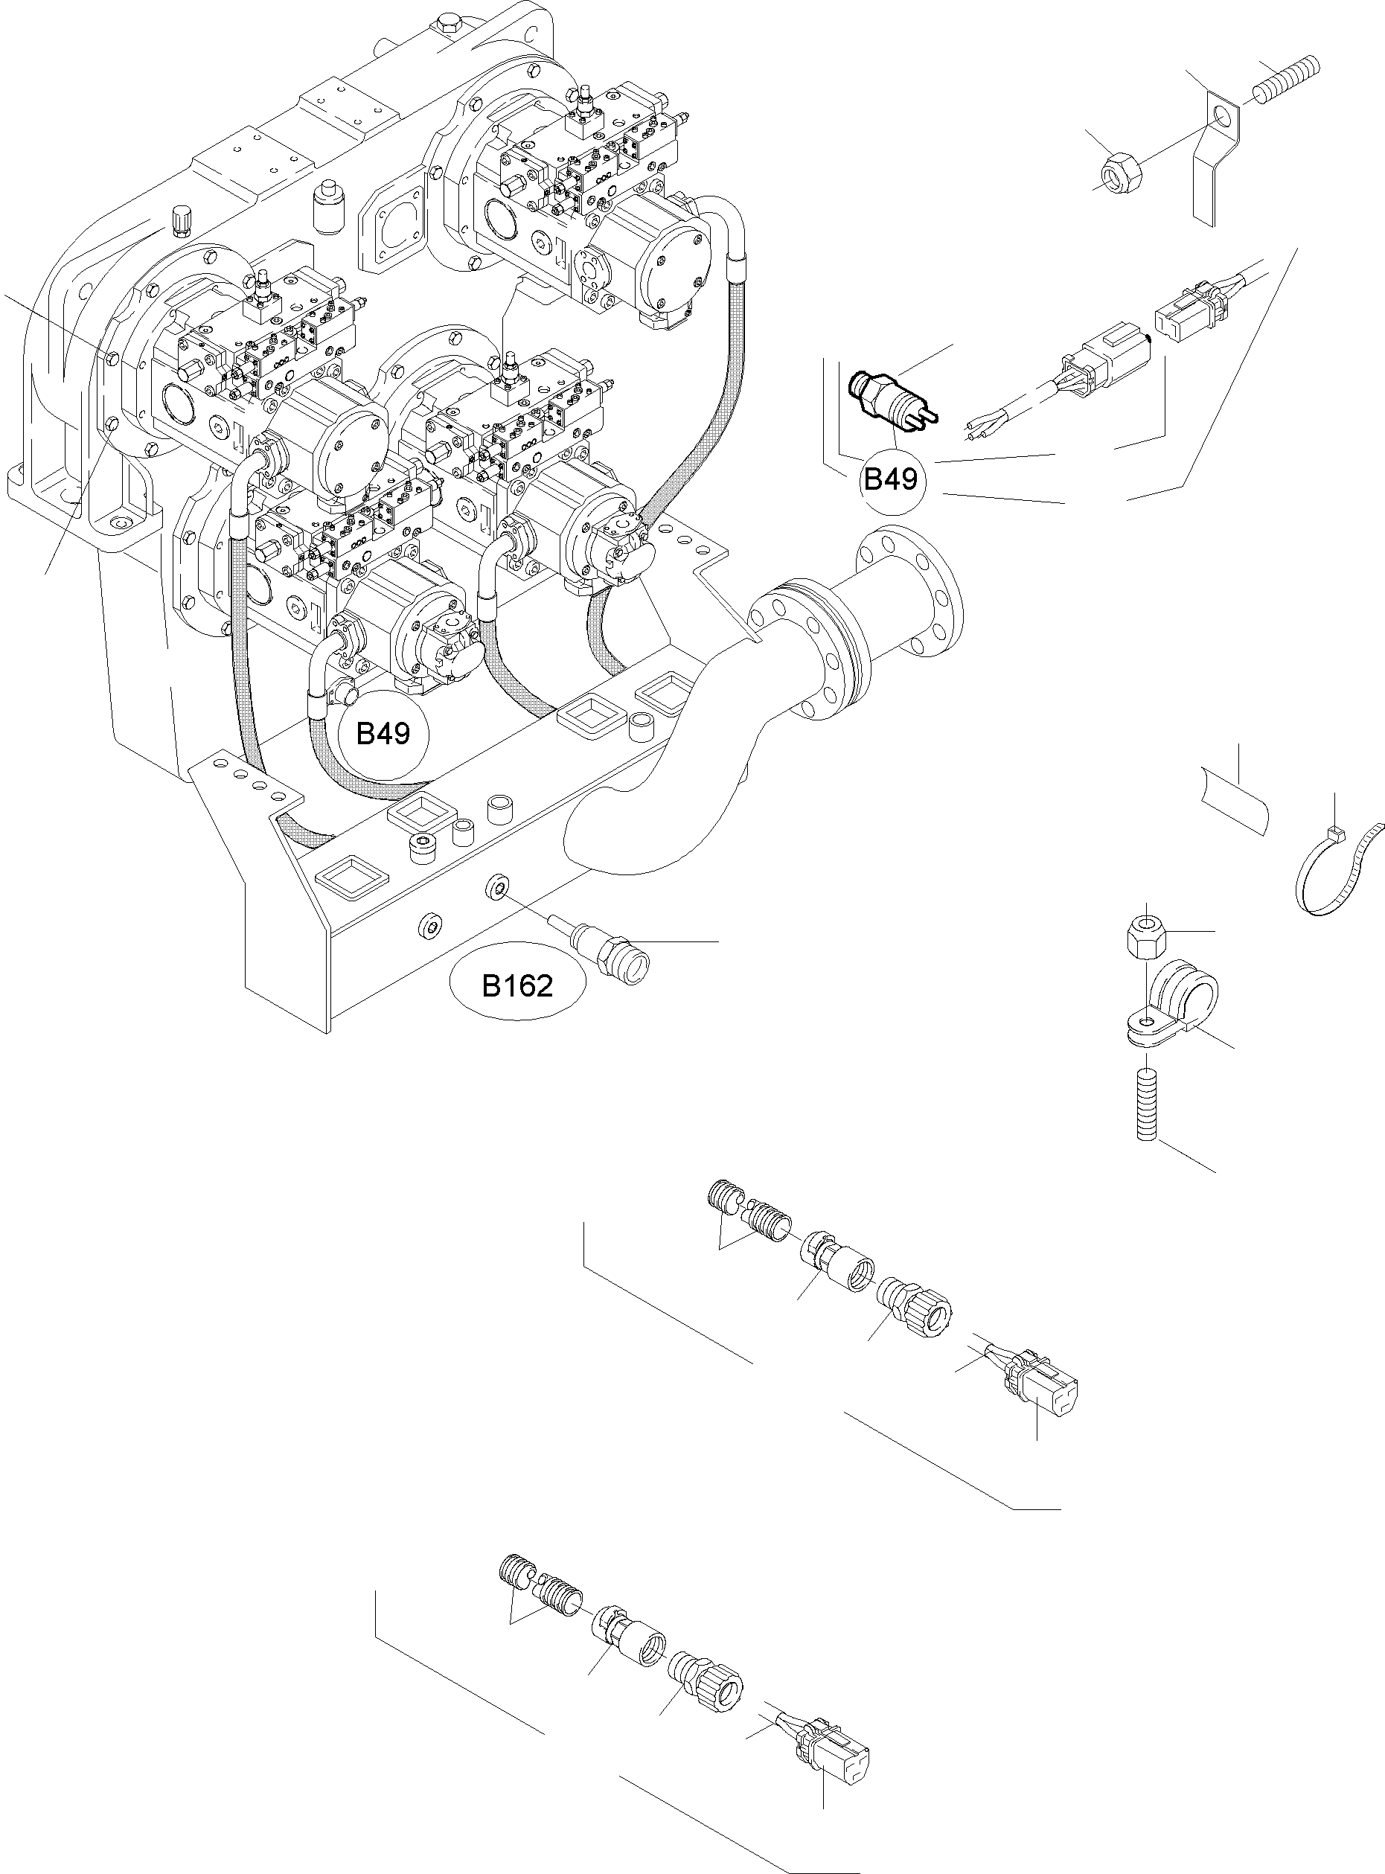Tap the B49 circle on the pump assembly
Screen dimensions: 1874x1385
click(x=383, y=734)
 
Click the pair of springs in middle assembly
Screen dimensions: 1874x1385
click(x=748, y=1210)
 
